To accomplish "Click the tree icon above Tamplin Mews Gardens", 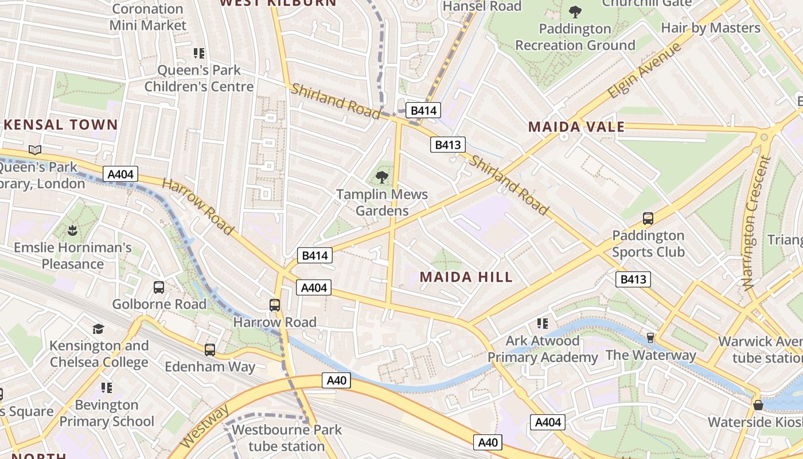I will point(382,177).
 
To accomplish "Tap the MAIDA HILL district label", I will point(466,277).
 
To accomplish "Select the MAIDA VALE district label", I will point(576,127).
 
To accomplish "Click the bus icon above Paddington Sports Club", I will point(648,218).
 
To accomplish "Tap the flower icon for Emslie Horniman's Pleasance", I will point(73,231).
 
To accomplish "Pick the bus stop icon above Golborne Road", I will point(159,287).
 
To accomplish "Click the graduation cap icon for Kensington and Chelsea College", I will point(99,329).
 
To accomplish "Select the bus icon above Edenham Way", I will point(210,349).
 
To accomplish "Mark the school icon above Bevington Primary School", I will point(107,388).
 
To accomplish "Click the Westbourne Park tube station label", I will point(286,438).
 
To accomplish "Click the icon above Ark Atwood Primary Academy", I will point(543,324).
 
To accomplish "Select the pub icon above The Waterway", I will point(650,338).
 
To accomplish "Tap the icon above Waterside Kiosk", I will point(758,405).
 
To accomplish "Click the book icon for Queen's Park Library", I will point(35,150).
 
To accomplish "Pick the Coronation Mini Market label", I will point(148,17).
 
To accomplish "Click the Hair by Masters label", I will point(710,28).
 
